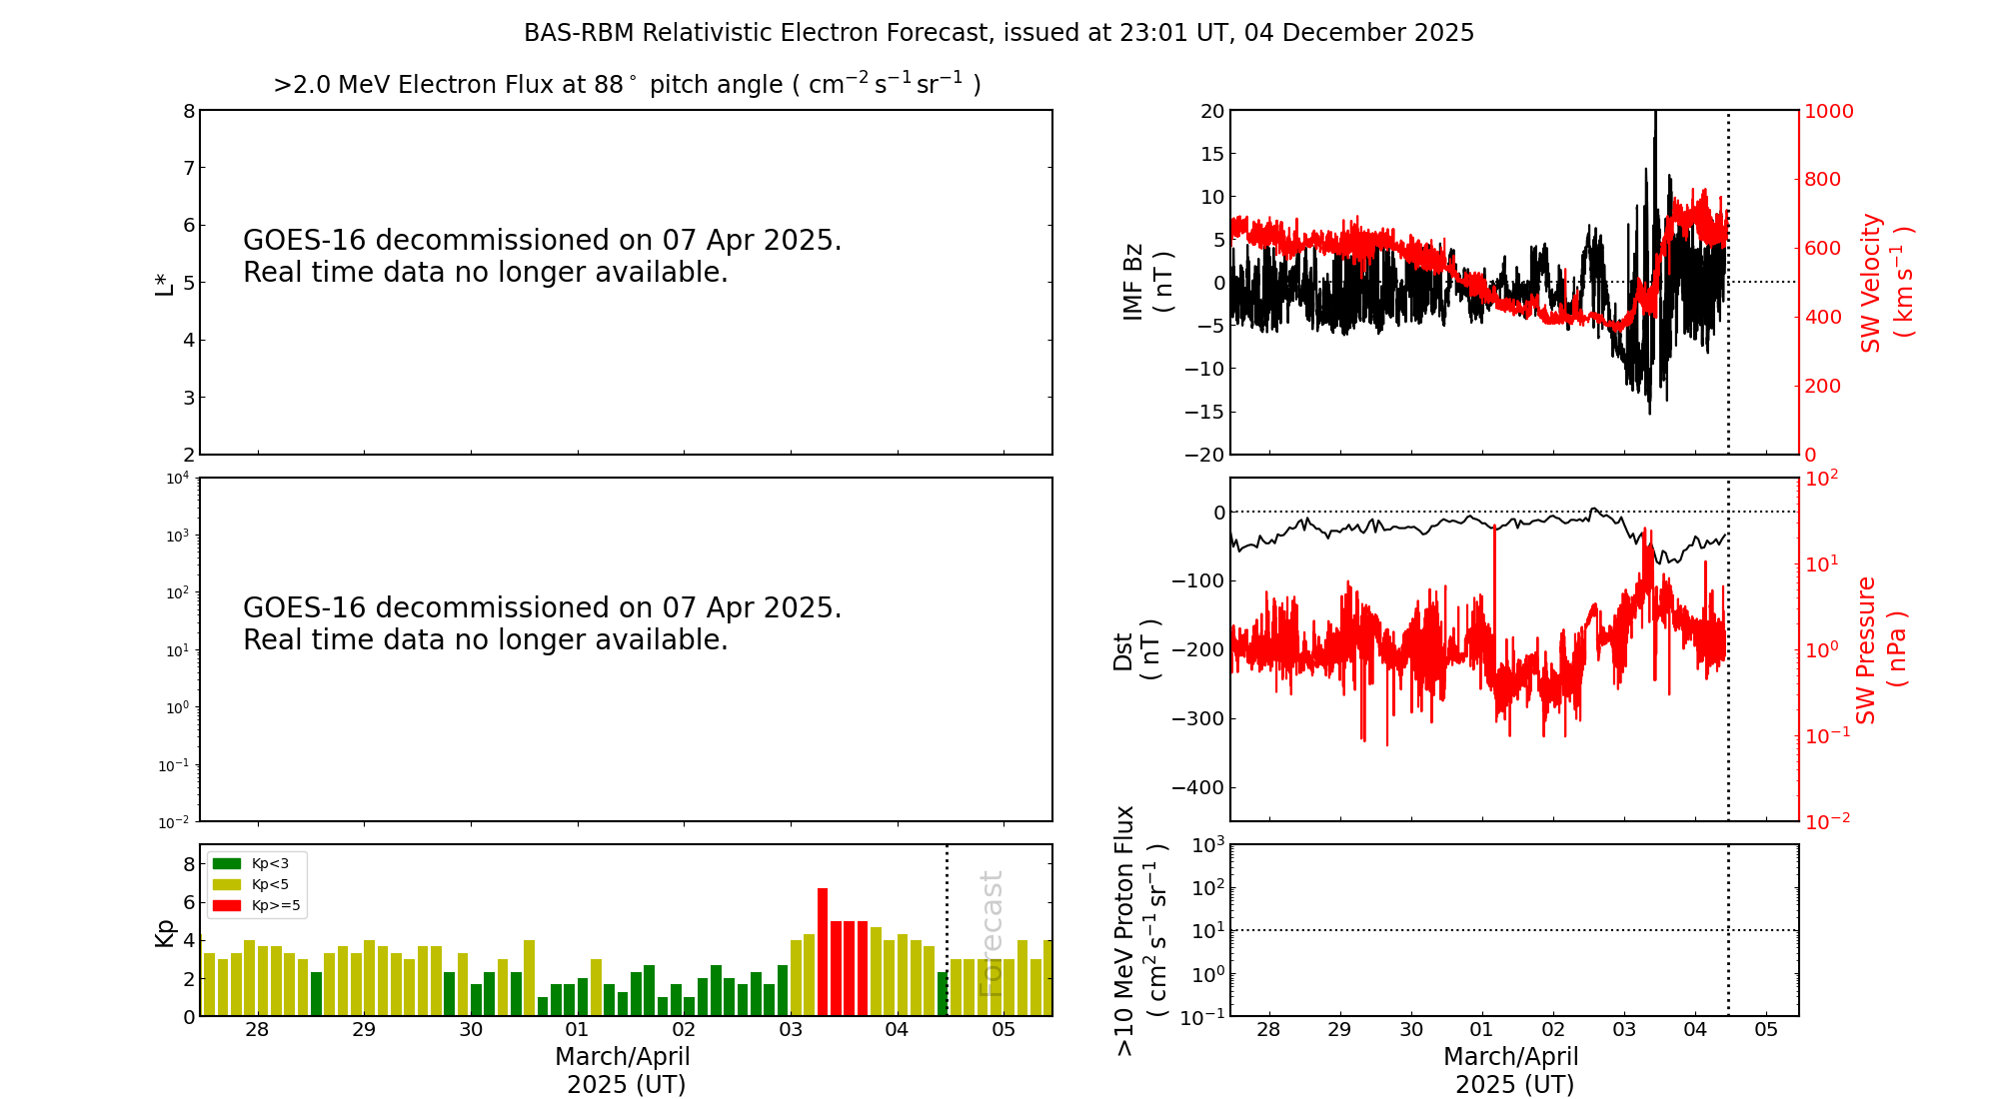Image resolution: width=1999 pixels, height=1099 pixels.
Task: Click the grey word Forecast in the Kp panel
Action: pos(991,934)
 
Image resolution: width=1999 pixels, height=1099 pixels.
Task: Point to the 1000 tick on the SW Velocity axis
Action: pos(1828,111)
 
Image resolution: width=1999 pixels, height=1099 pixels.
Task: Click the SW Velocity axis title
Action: pos(1871,283)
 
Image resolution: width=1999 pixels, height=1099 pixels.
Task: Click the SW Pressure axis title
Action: pos(1866,649)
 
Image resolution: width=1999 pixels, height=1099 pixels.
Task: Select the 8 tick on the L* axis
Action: pos(188,111)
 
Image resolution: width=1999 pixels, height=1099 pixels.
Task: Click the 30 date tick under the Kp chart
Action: pos(471,1030)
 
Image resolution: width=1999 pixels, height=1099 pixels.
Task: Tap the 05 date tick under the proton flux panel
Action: pos(1766,1030)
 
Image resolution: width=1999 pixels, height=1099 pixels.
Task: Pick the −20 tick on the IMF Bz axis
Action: pos(1204,455)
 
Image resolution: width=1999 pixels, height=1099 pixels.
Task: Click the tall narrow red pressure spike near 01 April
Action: pos(1494,599)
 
